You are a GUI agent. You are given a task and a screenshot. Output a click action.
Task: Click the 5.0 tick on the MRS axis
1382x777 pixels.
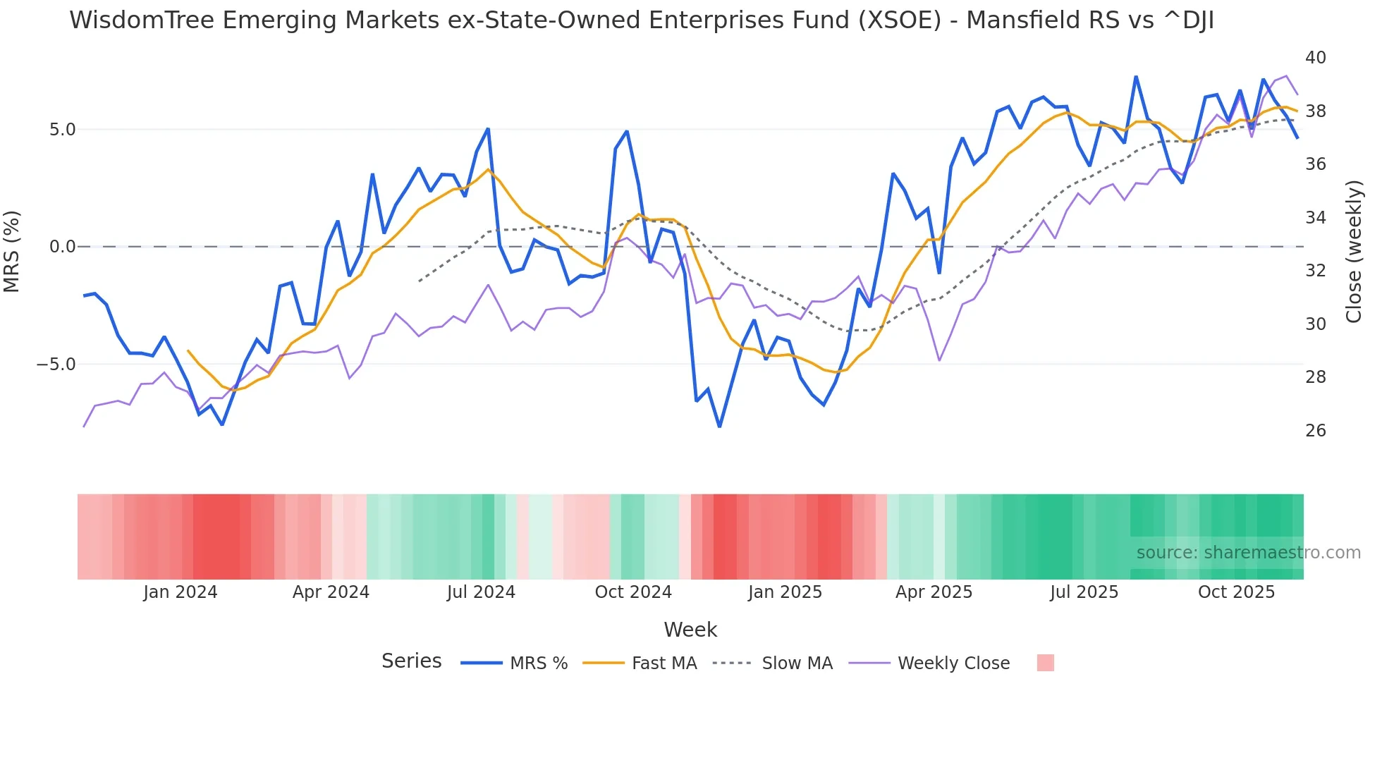[x=62, y=130]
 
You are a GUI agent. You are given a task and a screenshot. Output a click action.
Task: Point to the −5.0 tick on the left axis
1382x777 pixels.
[x=56, y=365]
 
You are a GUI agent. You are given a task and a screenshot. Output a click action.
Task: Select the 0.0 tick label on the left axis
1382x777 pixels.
[x=62, y=247]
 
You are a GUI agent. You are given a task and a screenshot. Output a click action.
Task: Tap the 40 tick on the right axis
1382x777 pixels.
[x=1315, y=58]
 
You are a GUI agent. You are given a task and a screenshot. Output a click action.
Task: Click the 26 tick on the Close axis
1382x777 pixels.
[x=1315, y=431]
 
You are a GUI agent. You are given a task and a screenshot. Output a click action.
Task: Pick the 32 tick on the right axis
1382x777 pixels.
[x=1315, y=271]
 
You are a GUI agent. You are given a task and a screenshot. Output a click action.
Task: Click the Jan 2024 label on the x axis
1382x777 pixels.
[x=180, y=592]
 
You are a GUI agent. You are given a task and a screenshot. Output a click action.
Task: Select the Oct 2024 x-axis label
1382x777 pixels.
[x=633, y=592]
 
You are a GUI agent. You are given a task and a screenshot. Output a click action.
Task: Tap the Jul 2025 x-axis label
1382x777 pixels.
[x=1084, y=592]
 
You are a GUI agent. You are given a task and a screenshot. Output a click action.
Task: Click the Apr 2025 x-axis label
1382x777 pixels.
[x=934, y=592]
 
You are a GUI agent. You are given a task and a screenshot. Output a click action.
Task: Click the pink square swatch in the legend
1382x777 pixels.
[x=1046, y=663]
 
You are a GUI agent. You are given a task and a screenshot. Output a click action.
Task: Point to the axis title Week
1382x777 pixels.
[x=690, y=630]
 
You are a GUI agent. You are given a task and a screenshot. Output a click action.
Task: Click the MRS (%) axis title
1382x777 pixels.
[x=12, y=251]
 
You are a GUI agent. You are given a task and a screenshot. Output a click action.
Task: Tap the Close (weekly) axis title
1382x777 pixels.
[x=1354, y=252]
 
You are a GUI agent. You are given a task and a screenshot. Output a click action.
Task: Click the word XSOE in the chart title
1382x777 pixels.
[x=900, y=20]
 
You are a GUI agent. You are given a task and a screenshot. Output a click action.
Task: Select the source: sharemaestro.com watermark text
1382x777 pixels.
[x=1248, y=553]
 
